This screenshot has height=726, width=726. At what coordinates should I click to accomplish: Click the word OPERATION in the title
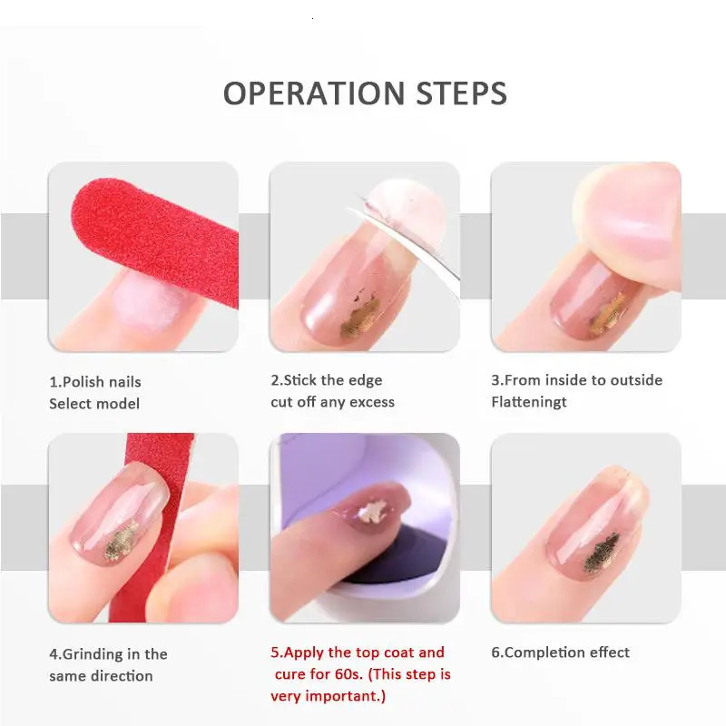(314, 93)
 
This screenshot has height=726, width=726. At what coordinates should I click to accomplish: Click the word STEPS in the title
(462, 93)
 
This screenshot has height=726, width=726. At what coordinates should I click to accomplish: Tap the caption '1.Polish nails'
(95, 382)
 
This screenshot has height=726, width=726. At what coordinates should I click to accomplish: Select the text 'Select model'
(94, 404)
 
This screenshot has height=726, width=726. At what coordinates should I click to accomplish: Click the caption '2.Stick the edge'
(327, 380)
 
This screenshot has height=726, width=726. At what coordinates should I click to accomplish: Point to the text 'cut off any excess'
(332, 402)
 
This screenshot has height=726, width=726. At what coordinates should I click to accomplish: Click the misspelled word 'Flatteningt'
(529, 402)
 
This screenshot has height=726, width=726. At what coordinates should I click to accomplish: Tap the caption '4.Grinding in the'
(108, 654)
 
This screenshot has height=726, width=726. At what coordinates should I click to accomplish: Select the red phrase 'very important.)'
(328, 696)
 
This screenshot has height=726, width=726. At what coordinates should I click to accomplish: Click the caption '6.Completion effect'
(560, 652)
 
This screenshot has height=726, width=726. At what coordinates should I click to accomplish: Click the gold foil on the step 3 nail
(607, 316)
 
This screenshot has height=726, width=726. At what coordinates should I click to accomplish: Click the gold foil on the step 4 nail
(121, 541)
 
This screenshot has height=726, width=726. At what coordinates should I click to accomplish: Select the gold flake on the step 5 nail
(374, 509)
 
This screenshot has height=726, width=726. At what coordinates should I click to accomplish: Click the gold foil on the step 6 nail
(601, 553)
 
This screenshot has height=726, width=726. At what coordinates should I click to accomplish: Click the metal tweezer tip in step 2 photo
(366, 202)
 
